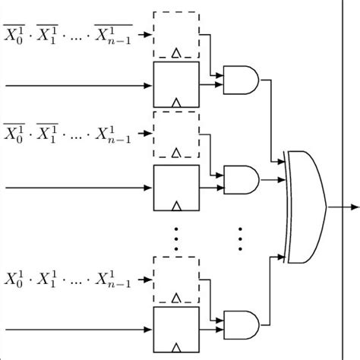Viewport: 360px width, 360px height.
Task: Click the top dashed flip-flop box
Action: (x=176, y=35)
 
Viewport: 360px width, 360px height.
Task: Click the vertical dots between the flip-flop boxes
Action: (x=176, y=238)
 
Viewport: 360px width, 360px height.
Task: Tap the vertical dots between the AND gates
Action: (x=240, y=238)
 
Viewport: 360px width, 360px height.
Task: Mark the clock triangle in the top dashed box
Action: (x=176, y=54)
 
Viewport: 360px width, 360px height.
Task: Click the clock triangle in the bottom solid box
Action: (x=176, y=350)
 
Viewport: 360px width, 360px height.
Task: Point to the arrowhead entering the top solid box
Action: (x=148, y=85)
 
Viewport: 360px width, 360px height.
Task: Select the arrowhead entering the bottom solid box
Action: (x=148, y=330)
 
